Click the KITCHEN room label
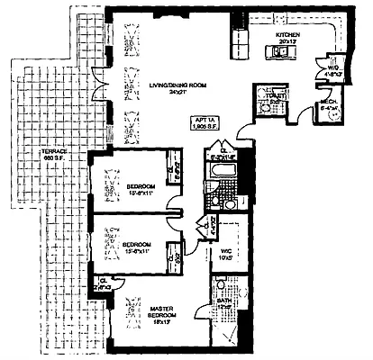click(x=288, y=37)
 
